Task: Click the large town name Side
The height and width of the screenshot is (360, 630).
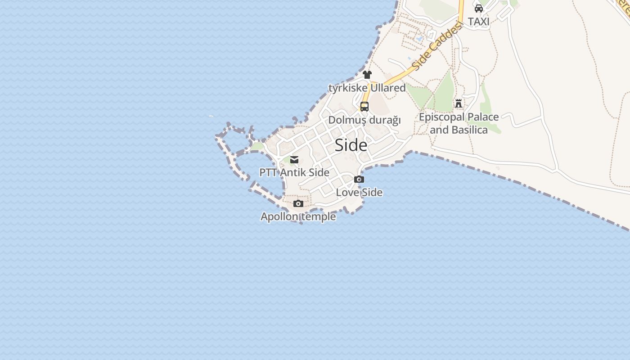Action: (x=351, y=145)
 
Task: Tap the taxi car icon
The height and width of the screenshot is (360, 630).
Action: (x=479, y=8)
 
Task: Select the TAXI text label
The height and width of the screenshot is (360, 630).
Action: (x=479, y=21)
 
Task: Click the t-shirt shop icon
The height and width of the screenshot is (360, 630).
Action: (x=367, y=75)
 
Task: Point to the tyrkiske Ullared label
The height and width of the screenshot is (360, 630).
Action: (x=367, y=88)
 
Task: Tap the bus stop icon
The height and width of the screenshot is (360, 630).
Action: (x=364, y=107)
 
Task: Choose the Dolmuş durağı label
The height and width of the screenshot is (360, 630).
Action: (x=364, y=120)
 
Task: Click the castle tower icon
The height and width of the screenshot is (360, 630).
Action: (x=459, y=103)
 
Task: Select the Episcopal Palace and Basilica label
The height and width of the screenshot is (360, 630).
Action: (x=459, y=123)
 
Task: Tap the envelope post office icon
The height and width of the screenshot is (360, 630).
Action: (x=294, y=160)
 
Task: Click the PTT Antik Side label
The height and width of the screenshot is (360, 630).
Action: (x=294, y=172)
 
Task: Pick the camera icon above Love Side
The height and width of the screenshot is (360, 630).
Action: (x=359, y=179)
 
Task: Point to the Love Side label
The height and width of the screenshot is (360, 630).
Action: (x=359, y=193)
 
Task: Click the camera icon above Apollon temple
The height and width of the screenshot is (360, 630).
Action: (x=298, y=204)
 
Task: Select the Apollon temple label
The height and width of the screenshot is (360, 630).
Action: (x=298, y=216)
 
